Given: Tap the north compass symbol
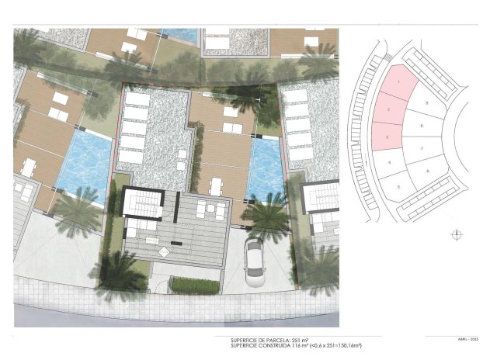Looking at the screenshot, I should click(x=456, y=235).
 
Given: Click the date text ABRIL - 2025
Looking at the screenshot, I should click(x=460, y=338).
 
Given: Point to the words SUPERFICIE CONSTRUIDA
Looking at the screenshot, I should click(x=258, y=345).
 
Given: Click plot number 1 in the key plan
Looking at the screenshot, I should click(x=398, y=82).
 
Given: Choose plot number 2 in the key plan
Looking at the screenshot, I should click(x=387, y=110).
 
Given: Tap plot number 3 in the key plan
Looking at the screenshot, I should click(x=387, y=137).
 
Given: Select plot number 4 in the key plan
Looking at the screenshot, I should click(x=389, y=161).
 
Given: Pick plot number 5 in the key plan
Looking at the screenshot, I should click(x=398, y=186).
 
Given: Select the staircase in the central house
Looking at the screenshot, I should click(x=141, y=205).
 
